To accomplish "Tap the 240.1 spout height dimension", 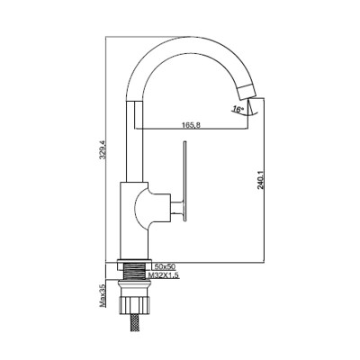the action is (260, 180).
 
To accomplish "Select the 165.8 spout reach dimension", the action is (191, 125).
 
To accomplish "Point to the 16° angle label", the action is (238, 110).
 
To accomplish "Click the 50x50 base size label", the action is (165, 266).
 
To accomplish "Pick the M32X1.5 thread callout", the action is (166, 274).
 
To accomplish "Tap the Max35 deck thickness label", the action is (103, 296).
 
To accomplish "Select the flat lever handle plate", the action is (185, 182).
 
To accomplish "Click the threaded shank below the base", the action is (134, 271).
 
